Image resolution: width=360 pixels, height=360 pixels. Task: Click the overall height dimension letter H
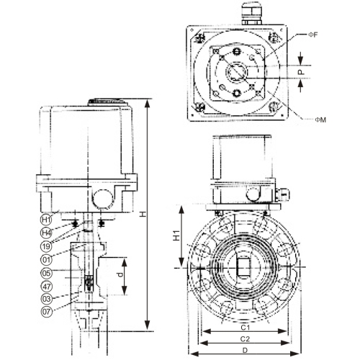pyautogui.click(x=151, y=214)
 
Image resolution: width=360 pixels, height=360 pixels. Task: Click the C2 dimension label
pyautogui.click(x=243, y=338)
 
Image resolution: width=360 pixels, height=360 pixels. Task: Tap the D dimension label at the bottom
pyautogui.click(x=243, y=350)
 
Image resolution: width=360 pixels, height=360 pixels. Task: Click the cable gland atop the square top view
pyautogui.click(x=253, y=14)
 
